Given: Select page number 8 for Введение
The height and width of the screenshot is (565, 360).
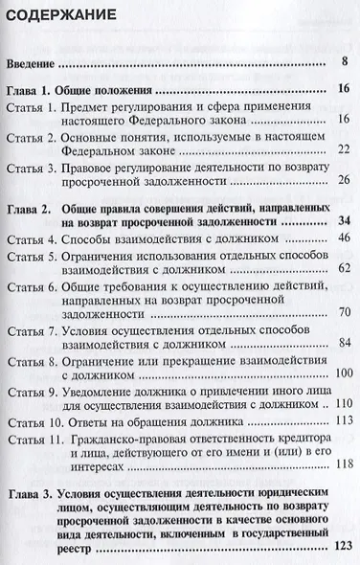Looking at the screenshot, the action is click(x=343, y=64).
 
